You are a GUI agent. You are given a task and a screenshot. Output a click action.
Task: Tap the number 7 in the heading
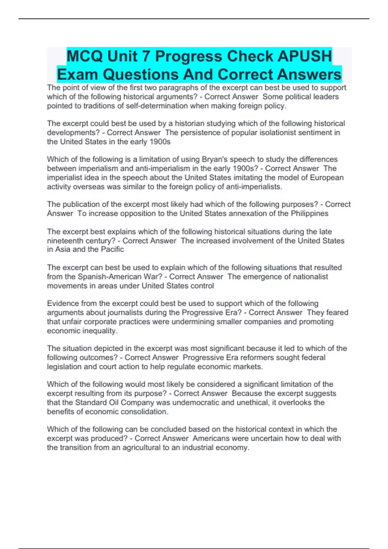click(145, 56)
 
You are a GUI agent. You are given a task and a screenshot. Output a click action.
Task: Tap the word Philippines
click(309, 213)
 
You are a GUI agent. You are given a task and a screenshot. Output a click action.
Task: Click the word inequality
click(98, 331)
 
